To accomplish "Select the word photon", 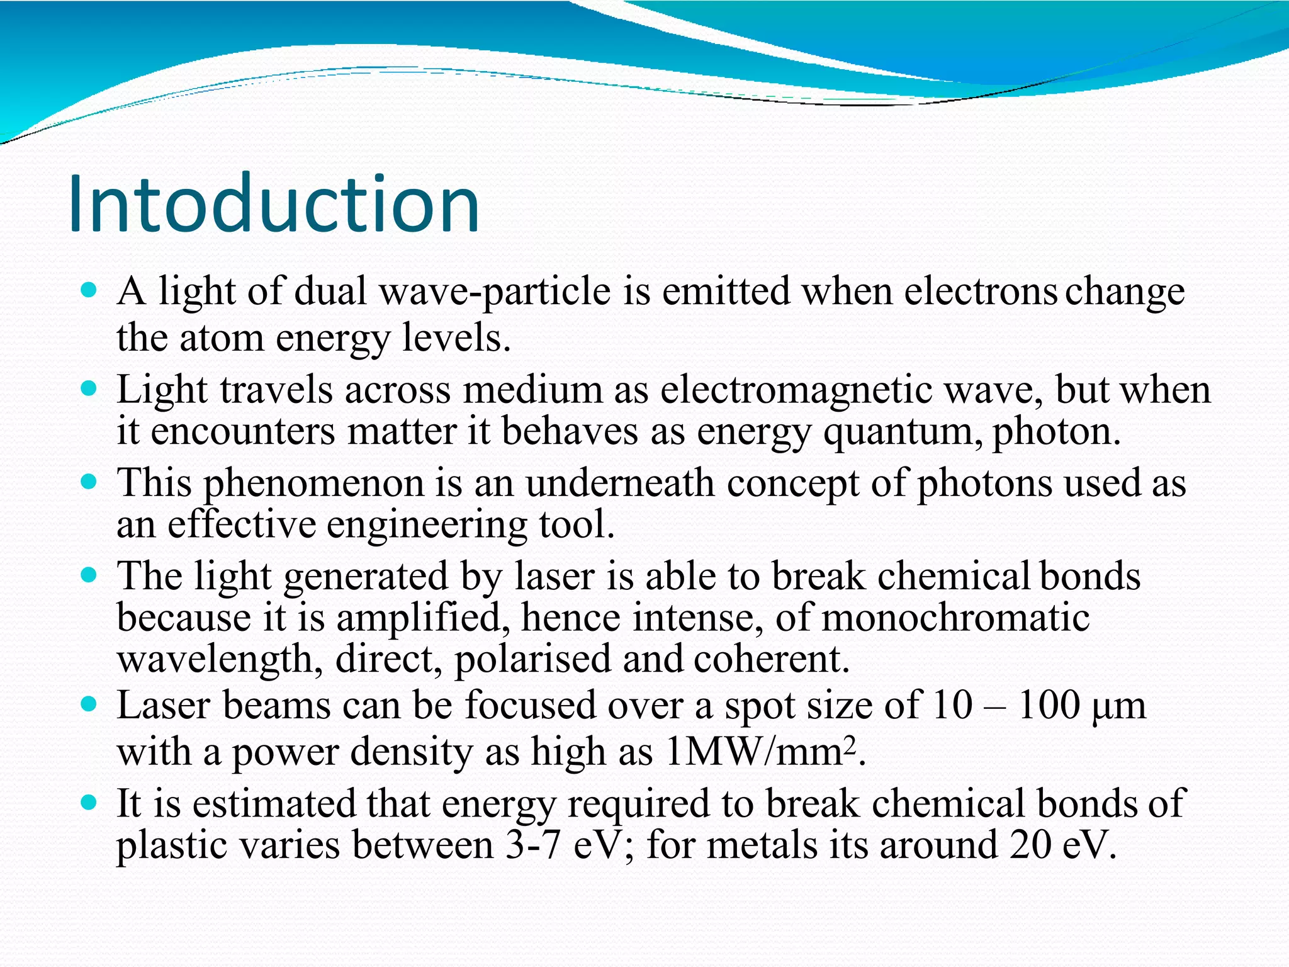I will [1055, 433].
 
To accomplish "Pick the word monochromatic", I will [955, 618].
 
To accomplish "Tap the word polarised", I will [532, 659].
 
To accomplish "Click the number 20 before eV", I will [1031, 844].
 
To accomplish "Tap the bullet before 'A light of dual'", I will [89, 290].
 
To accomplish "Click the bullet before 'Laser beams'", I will [89, 704].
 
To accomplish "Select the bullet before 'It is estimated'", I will [89, 803].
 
